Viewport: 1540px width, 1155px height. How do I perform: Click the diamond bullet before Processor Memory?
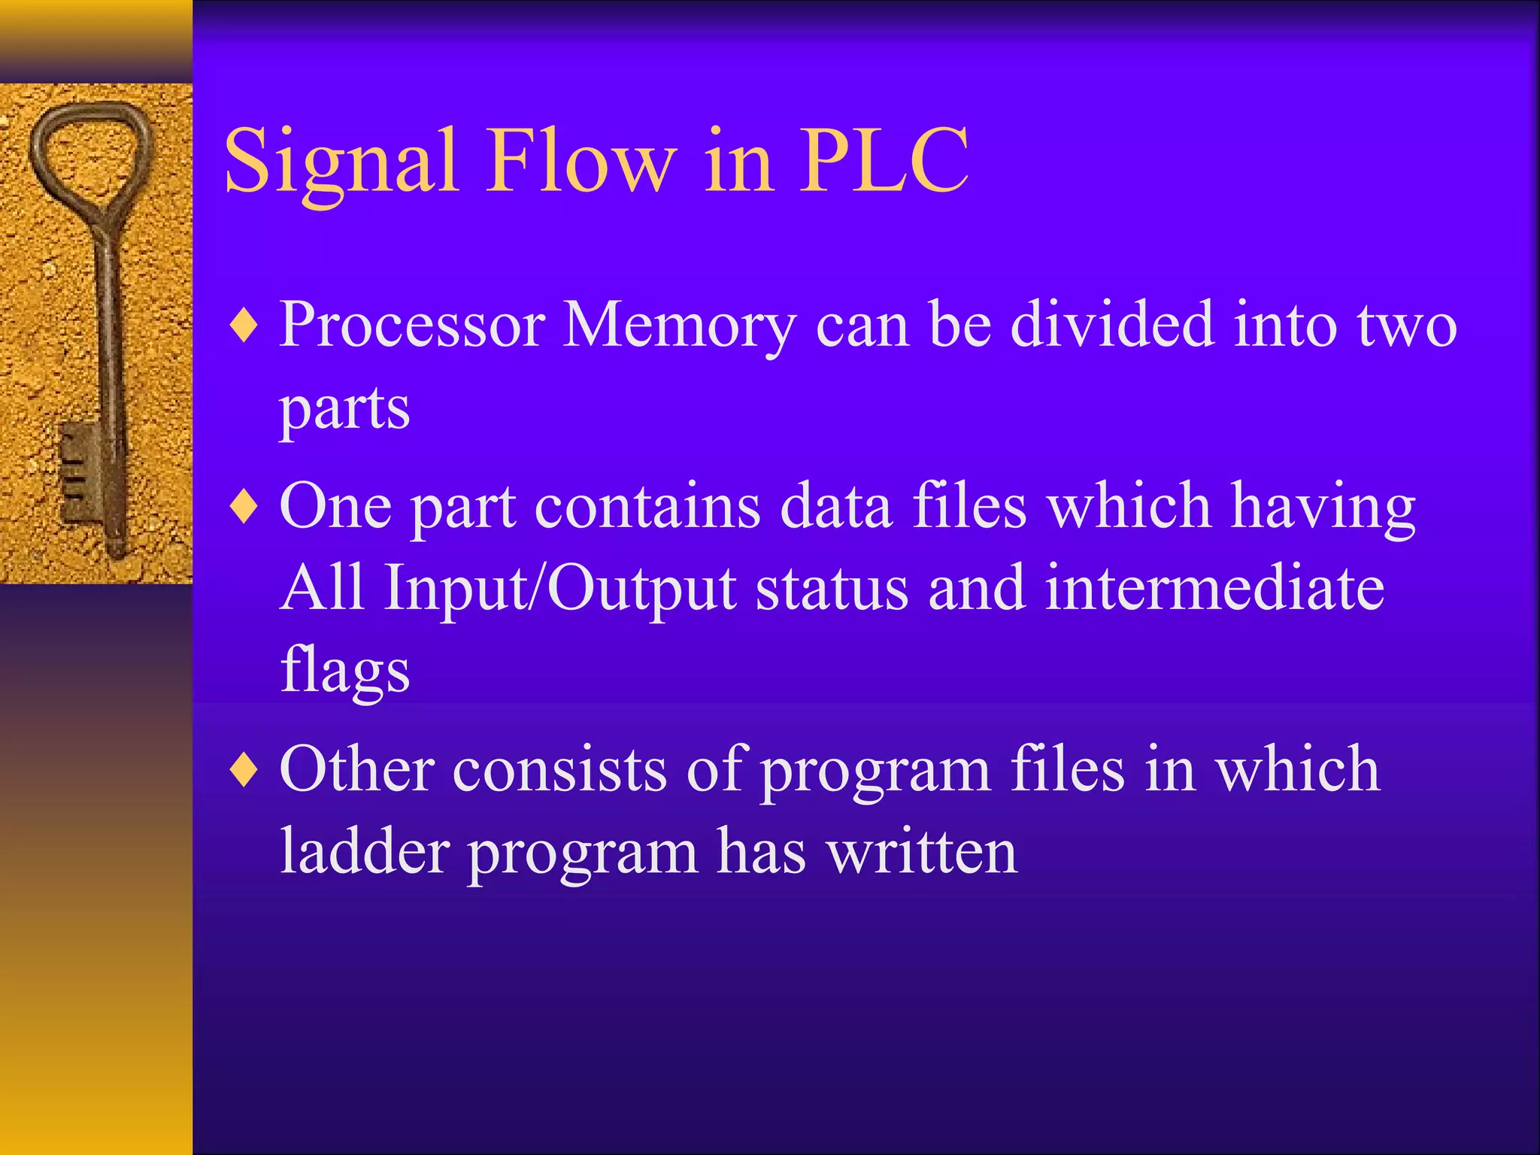click(x=244, y=328)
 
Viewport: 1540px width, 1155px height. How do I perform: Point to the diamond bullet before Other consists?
click(x=244, y=771)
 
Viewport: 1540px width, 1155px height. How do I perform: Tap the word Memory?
click(x=679, y=327)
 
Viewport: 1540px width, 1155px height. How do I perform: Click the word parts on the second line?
click(x=344, y=410)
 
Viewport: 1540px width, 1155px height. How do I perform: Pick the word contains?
click(x=647, y=506)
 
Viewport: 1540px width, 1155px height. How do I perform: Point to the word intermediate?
click(x=1214, y=588)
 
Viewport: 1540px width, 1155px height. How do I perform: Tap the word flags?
click(x=344, y=671)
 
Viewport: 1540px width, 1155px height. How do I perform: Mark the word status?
click(x=832, y=588)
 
